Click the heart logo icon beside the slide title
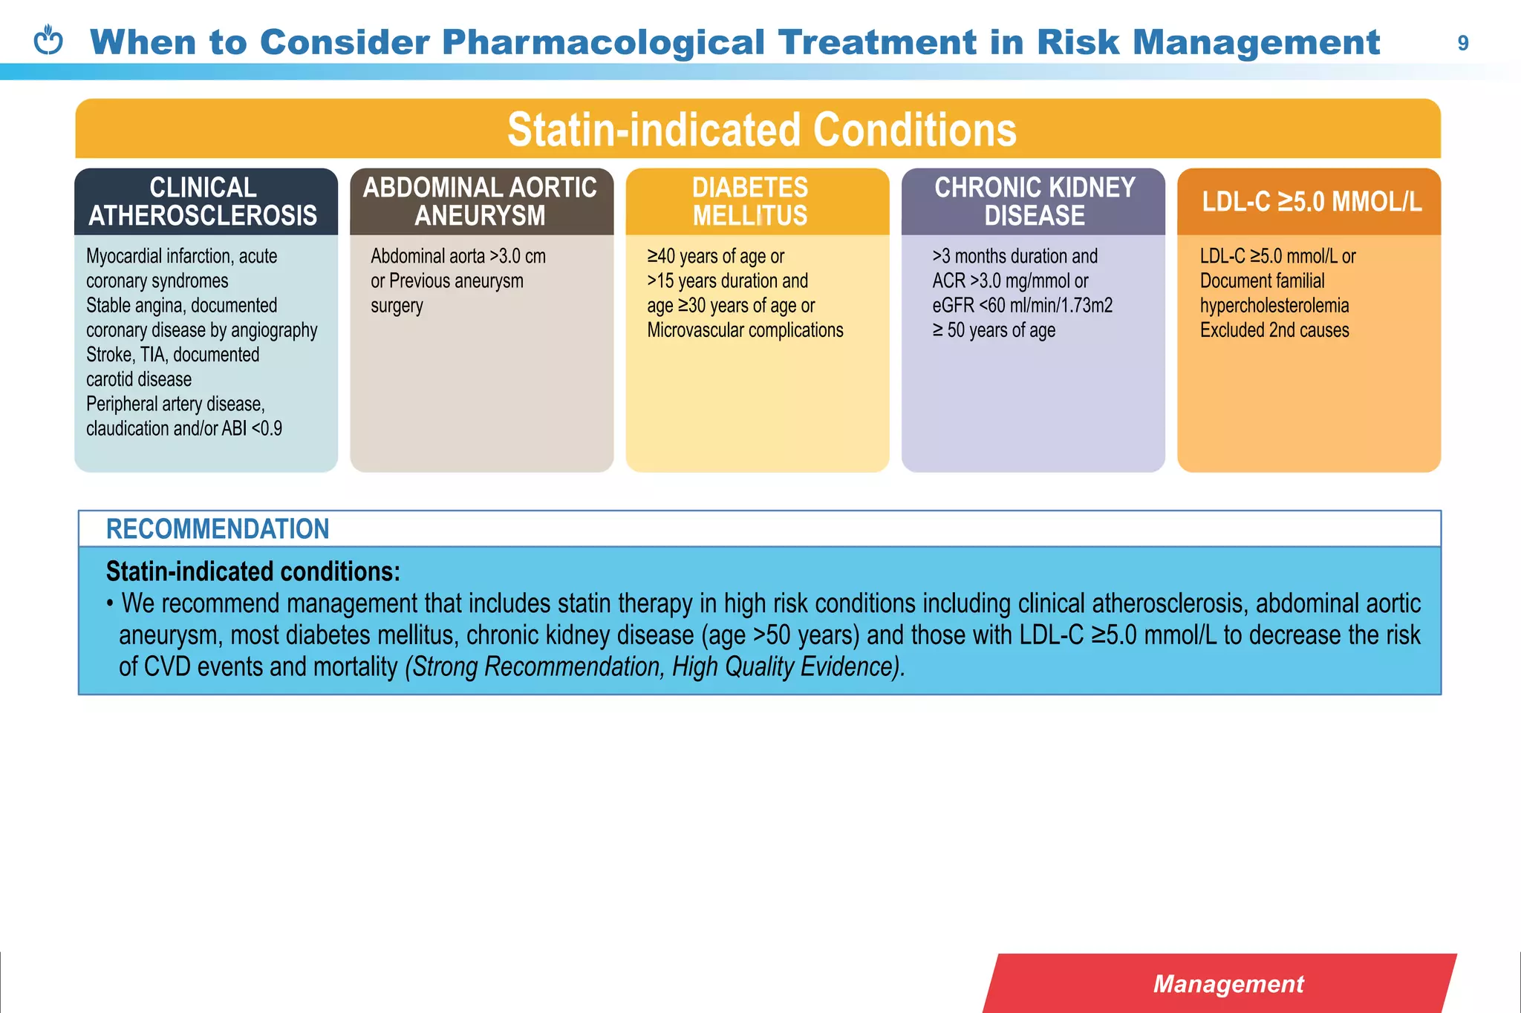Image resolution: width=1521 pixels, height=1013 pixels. coord(49,41)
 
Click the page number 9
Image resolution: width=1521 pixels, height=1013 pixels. coord(1462,43)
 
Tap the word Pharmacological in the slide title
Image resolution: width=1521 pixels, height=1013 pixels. coord(602,42)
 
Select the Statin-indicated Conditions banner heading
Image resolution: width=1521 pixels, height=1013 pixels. coord(761,130)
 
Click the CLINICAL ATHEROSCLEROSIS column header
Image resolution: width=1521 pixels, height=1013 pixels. coord(203,201)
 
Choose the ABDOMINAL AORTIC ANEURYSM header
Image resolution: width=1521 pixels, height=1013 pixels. coord(480,201)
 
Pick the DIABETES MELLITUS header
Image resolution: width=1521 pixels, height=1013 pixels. coord(750,201)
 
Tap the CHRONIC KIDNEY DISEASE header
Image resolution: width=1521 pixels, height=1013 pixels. coord(1035,201)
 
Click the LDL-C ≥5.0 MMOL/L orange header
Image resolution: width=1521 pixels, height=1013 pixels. coord(1311,201)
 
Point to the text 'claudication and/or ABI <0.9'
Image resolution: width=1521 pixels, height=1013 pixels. coord(183,428)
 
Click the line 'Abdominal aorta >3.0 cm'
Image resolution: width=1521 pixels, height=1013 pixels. coord(458,256)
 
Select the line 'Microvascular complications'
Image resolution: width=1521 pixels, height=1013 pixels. coord(745,330)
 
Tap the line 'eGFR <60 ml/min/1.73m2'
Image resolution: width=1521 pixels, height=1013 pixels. coord(1022,305)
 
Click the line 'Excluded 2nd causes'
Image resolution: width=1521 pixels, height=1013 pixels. coord(1274,330)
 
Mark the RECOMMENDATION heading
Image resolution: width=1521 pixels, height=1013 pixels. coord(217,528)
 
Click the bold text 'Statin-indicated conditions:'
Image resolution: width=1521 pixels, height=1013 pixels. coord(253,571)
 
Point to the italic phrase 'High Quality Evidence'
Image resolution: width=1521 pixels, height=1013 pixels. coord(786,666)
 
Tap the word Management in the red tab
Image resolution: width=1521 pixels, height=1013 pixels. coord(1228,983)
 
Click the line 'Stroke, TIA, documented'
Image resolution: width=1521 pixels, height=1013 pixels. coord(172,354)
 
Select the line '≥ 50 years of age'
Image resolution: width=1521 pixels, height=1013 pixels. coord(993,330)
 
